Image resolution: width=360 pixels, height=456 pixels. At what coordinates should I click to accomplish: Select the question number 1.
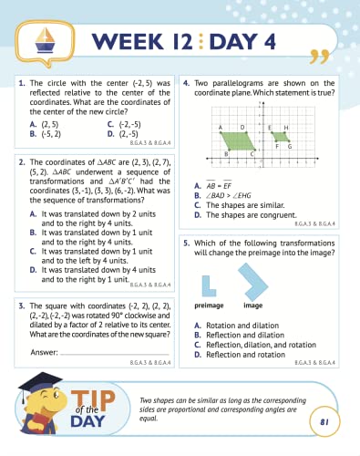[x=21, y=82]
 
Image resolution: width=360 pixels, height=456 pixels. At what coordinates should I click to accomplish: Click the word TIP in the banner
[x=95, y=396]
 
